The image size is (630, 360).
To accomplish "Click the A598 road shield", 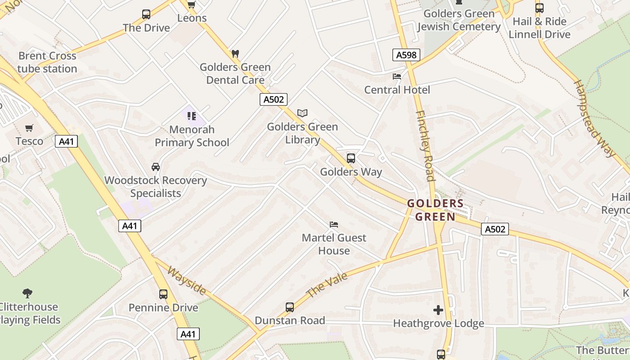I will coord(406,55).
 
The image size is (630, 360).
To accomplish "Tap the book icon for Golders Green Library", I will coord(302,113).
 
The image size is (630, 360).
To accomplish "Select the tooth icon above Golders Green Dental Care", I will coord(235,54).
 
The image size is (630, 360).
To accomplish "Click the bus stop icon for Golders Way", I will coord(351,158).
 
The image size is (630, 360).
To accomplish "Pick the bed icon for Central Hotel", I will coord(397,76).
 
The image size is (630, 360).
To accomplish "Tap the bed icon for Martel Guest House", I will coord(334,224).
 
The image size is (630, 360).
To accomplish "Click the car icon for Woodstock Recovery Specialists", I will coord(156,167).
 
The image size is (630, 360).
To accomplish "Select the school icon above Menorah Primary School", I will coord(192,116).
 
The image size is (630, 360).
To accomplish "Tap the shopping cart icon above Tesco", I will coord(29,128).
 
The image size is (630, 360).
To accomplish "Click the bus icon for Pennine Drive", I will coord(163,294).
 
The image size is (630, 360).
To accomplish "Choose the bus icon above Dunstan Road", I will coord(290,307).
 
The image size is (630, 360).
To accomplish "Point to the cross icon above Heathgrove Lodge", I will coord(438,310).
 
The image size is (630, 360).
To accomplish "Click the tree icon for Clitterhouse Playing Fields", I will coord(27,293).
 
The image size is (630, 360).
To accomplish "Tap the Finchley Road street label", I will coord(425,145).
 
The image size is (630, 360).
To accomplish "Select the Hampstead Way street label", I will coord(594,119).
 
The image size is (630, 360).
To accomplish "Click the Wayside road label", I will coord(187,281).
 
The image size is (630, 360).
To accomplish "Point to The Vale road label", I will coord(327,285).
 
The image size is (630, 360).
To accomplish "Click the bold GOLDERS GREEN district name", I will coord(435,210).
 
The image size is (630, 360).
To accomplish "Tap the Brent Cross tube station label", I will coord(47,63).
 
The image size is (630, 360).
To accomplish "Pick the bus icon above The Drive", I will coord(146,14).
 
